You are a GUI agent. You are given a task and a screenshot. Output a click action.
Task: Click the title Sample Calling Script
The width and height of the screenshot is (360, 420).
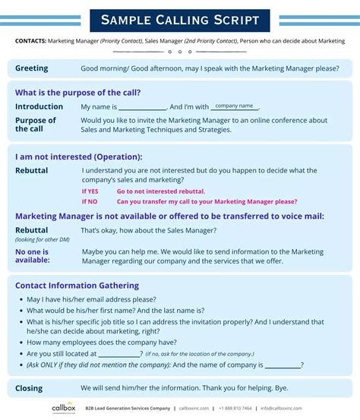point(179,21)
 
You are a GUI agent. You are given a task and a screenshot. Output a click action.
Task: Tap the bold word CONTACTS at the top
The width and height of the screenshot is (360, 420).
point(30,41)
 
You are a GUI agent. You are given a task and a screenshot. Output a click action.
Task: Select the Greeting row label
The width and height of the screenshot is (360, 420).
point(31,68)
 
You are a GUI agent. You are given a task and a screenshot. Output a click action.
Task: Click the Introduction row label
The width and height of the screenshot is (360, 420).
point(39,107)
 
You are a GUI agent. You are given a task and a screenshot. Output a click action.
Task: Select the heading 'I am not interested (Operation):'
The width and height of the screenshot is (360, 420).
point(78,156)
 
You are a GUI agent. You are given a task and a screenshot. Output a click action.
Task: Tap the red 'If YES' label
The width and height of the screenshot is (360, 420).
point(90,191)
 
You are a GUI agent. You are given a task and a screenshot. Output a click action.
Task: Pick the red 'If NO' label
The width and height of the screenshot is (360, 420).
point(90,202)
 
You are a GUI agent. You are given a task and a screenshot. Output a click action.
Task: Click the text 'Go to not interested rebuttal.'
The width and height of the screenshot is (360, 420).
point(160,191)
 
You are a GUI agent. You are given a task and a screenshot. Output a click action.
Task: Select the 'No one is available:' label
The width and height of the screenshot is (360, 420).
point(33,255)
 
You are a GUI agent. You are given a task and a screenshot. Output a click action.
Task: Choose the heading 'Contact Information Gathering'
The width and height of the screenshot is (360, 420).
point(77,286)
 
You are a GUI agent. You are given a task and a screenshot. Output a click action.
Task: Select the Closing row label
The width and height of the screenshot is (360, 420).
point(29,388)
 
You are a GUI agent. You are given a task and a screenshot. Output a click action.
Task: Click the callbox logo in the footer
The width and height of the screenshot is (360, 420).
point(63,408)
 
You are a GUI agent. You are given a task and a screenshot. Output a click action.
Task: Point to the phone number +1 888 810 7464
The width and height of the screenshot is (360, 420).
point(235,409)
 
